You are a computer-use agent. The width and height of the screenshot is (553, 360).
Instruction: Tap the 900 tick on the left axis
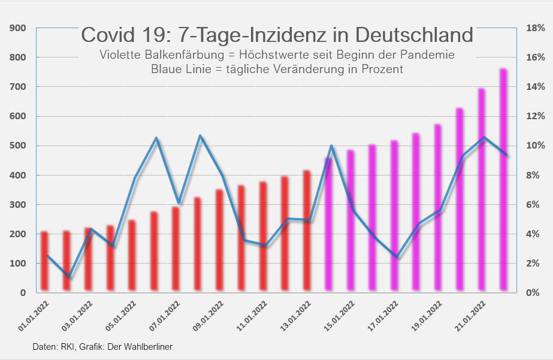[x=18, y=28]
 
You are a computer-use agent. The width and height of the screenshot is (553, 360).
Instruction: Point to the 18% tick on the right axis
[x=534, y=28]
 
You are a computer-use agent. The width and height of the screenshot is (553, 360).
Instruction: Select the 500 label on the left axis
[x=18, y=146]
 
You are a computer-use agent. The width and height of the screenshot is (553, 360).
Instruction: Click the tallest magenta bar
[x=503, y=180]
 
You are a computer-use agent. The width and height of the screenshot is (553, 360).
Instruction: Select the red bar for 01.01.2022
[x=44, y=262]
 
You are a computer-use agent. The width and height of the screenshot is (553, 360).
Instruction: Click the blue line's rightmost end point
[x=508, y=156]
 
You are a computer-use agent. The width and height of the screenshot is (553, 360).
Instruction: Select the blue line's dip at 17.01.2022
[x=397, y=257]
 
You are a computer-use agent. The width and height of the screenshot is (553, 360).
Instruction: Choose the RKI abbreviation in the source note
[x=63, y=347]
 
